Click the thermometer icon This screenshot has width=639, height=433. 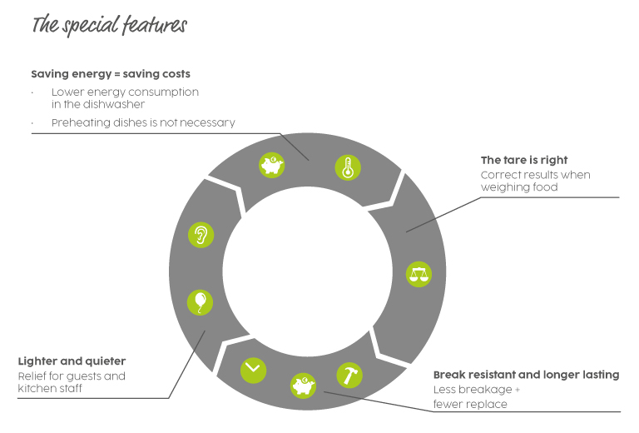(348, 168)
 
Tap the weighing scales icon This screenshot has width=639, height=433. (419, 274)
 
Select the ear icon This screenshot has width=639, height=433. (201, 235)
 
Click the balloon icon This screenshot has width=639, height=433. (201, 301)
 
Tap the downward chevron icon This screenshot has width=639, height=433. (253, 370)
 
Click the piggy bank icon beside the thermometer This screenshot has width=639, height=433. (272, 166)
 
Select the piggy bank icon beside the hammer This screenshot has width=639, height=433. (302, 386)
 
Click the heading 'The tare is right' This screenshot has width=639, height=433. (524, 160)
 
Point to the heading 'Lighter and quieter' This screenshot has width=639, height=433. (72, 362)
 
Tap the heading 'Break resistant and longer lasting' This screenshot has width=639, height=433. (526, 375)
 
